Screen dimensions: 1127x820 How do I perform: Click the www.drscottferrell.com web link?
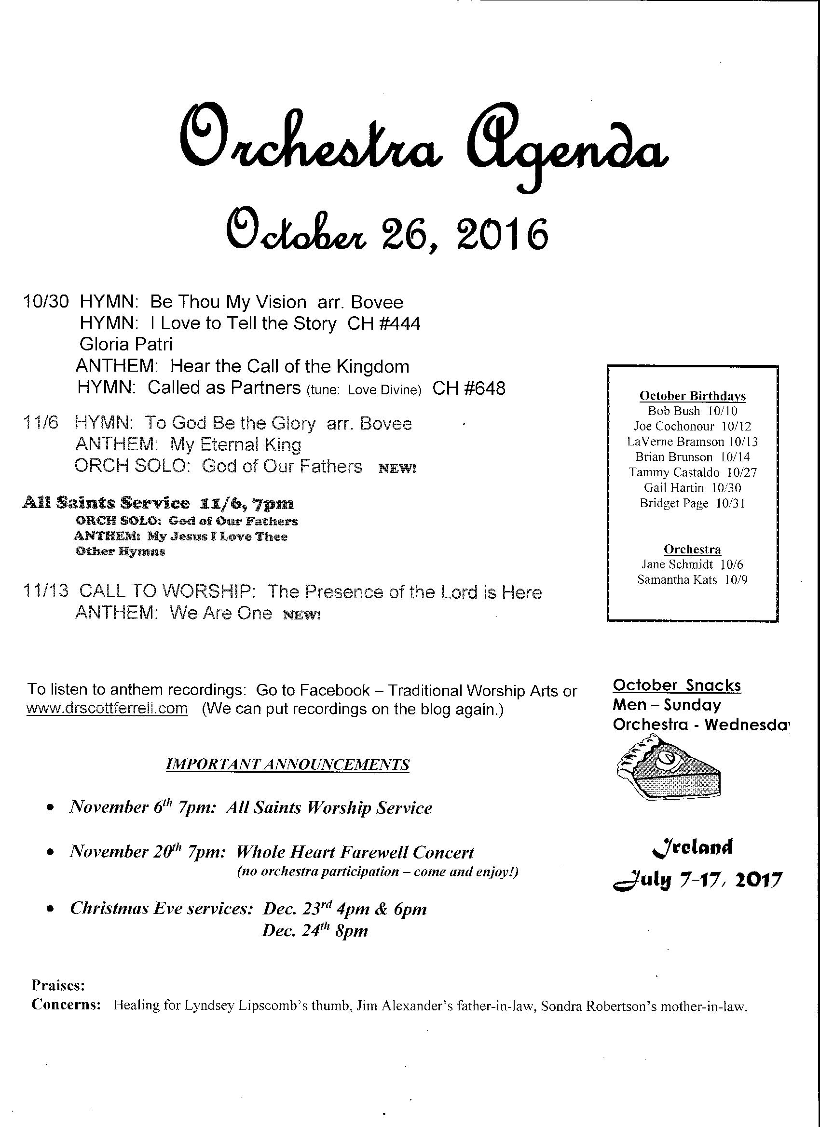[107, 708]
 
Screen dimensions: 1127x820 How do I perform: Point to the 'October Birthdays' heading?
[692, 396]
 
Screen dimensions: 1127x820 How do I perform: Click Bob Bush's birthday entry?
[692, 411]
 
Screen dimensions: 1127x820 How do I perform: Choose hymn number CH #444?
[383, 324]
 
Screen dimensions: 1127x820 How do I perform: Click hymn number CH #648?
[468, 388]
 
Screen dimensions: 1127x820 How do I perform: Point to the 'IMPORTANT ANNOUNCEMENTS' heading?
[287, 764]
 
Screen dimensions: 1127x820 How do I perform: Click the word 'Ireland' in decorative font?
[692, 846]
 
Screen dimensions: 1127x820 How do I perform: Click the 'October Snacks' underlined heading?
[677, 685]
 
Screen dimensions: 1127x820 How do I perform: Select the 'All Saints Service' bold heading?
[106, 503]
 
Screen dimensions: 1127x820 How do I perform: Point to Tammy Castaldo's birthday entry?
[692, 472]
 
